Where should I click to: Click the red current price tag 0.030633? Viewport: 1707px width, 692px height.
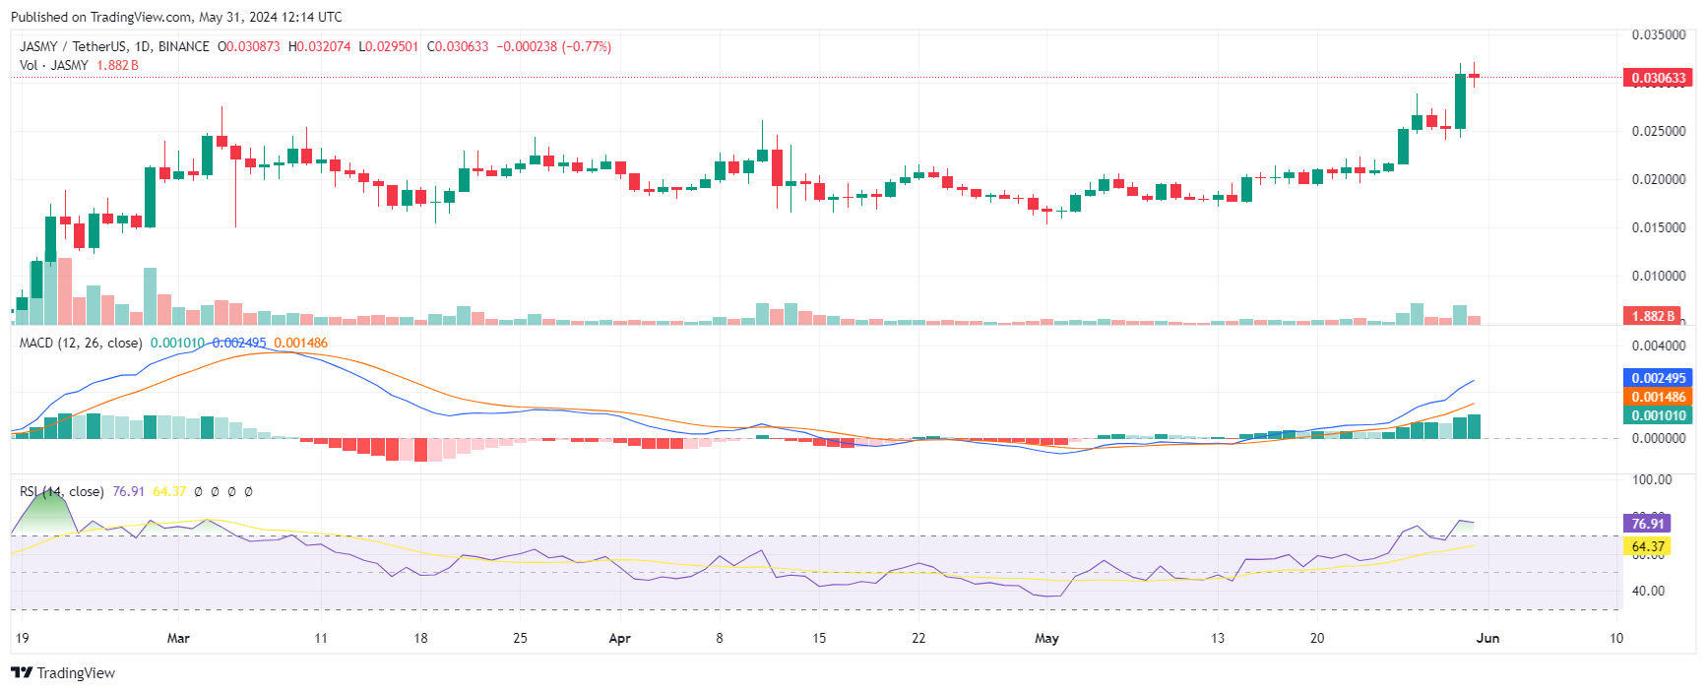point(1658,78)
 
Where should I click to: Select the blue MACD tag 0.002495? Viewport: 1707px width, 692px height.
point(1658,378)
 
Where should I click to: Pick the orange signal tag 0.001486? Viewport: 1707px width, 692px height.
point(1658,397)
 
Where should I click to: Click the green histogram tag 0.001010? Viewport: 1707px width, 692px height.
point(1658,415)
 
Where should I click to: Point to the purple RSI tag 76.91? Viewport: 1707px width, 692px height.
point(1647,524)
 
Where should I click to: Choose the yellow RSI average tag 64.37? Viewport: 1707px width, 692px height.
point(1647,546)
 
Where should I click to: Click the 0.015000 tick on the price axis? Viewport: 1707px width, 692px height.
point(1658,227)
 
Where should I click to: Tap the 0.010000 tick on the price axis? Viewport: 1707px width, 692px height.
point(1658,276)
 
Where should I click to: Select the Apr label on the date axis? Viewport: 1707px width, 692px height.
point(619,638)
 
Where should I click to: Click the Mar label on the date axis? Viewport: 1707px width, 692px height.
point(178,638)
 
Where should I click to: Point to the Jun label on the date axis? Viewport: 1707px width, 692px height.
point(1487,638)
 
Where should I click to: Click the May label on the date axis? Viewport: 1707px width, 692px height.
point(1046,638)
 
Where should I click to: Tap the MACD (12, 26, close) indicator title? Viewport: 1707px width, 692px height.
point(81,343)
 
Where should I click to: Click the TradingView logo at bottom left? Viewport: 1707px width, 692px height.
point(63,673)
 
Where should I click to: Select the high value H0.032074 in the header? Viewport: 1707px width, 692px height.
point(319,46)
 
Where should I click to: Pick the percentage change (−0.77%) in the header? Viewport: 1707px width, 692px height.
point(587,46)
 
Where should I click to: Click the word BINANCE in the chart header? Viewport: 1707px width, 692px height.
point(184,46)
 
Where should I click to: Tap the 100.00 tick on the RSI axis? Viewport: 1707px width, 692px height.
point(1652,479)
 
